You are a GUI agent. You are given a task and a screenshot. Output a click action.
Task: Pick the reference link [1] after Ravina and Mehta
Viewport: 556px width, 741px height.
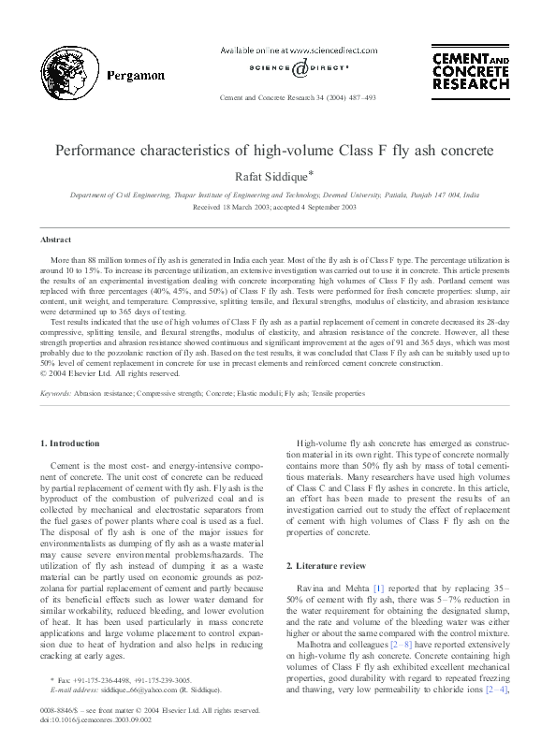point(379,587)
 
